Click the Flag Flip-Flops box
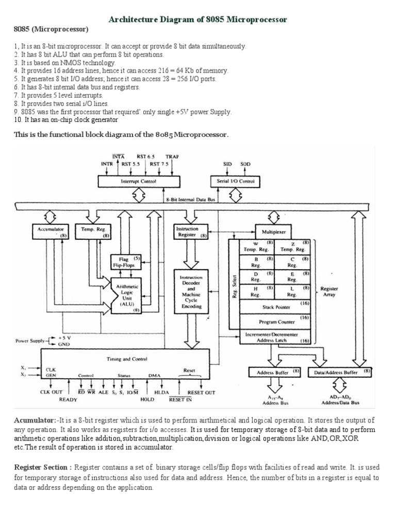pyautogui.click(x=123, y=262)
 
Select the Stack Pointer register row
pyautogui.click(x=276, y=307)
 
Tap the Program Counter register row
pyautogui.click(x=276, y=322)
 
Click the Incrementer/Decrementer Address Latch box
pyautogui.click(x=276, y=337)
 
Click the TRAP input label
pyautogui.click(x=172, y=156)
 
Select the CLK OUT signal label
pyautogui.click(x=51, y=392)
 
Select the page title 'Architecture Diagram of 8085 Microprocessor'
pyautogui.click(x=197, y=19)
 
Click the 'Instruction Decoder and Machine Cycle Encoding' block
pyautogui.click(x=191, y=291)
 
